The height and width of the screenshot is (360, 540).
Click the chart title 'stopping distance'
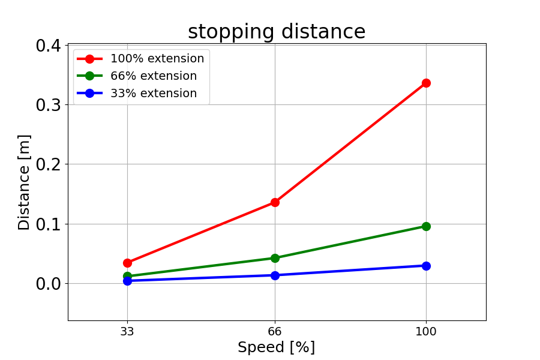coord(277,32)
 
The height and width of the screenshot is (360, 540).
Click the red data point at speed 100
coord(426,83)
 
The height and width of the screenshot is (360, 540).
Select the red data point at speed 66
coord(275,202)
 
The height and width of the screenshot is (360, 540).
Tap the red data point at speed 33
coord(127,263)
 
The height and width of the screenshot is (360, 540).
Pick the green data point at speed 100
coord(426,226)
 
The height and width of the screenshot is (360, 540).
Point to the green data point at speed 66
coord(275,258)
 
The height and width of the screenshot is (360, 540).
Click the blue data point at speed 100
coord(426,266)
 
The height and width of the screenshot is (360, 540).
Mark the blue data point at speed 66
coord(275,275)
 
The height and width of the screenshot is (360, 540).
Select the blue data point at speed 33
coord(127,281)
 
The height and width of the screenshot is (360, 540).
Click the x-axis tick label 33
coord(127,331)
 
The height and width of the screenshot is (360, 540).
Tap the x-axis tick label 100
coord(426,331)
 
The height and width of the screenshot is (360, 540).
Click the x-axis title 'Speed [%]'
coord(277,347)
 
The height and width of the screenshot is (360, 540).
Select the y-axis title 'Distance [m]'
coord(24,182)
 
